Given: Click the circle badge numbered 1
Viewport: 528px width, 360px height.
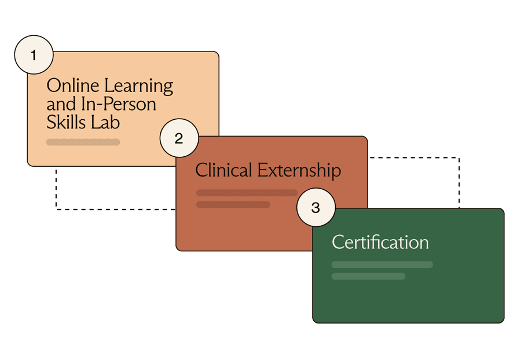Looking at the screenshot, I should (34, 56).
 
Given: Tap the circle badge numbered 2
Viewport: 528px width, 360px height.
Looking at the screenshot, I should (179, 138).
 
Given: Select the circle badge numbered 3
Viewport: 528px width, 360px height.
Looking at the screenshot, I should (316, 207).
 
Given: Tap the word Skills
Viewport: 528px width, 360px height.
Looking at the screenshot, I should (66, 122).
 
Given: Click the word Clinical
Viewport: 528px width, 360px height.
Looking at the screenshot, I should (223, 170).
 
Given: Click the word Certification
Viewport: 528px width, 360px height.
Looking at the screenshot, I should (380, 242).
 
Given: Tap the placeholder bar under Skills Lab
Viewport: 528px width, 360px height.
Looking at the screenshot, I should (83, 142).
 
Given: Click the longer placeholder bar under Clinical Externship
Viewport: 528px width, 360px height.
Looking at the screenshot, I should (247, 193).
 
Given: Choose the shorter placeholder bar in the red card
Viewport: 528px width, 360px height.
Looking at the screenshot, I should (233, 204).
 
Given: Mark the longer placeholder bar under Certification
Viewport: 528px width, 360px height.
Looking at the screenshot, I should (382, 265).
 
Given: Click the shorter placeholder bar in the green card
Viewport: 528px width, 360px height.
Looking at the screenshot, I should (368, 276).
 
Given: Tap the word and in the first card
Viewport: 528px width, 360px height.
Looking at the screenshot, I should (61, 104).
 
